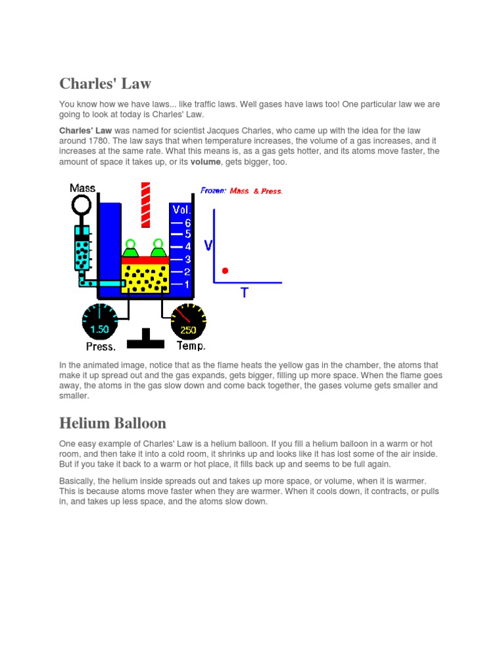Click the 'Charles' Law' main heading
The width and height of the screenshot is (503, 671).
click(105, 83)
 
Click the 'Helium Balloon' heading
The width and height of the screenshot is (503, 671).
click(113, 422)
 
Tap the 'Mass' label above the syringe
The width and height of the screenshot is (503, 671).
click(83, 188)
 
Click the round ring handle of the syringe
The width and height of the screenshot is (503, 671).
click(82, 206)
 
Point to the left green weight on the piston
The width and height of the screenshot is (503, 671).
click(131, 248)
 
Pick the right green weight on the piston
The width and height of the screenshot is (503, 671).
click(158, 248)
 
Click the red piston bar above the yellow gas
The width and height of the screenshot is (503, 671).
click(145, 260)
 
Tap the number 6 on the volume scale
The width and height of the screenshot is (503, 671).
click(187, 221)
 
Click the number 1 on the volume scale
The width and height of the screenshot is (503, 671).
click(187, 284)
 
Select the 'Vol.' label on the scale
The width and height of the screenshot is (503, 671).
click(181, 210)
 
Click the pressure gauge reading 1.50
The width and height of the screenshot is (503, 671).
click(100, 321)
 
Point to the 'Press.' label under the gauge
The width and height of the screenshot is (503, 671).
click(101, 346)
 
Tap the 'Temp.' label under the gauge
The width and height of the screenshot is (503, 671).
click(191, 346)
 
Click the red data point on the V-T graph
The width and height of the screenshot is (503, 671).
click(225, 270)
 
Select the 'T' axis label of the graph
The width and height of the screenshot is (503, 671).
click(244, 293)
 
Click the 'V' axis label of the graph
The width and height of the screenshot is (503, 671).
click(208, 246)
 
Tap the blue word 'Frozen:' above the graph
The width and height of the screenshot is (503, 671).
click(214, 191)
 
